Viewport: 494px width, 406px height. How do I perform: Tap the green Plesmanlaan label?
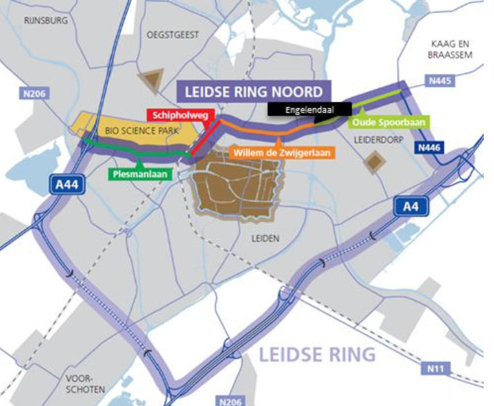[x=140, y=174]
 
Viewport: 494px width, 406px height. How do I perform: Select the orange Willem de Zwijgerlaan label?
[x=283, y=153]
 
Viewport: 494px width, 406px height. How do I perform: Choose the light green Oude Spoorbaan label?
[x=383, y=122]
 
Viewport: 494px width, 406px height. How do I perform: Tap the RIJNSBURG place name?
[x=46, y=21]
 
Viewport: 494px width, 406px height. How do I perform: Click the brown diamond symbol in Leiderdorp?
[x=374, y=161]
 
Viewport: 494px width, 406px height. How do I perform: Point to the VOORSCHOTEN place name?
[x=85, y=383]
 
